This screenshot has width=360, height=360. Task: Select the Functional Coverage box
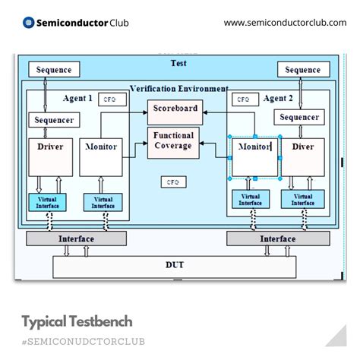[174, 142]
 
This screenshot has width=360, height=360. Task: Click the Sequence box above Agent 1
[54, 70]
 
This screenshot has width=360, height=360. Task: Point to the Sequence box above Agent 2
[303, 70]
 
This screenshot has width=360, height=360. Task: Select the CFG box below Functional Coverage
[173, 182]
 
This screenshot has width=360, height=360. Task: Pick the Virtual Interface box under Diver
[302, 199]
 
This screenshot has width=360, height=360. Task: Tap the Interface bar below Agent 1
[77, 238]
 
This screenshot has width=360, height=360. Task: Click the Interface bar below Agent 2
[277, 238]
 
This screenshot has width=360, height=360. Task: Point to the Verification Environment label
[179, 89]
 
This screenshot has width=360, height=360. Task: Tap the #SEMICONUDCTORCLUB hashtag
[84, 339]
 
